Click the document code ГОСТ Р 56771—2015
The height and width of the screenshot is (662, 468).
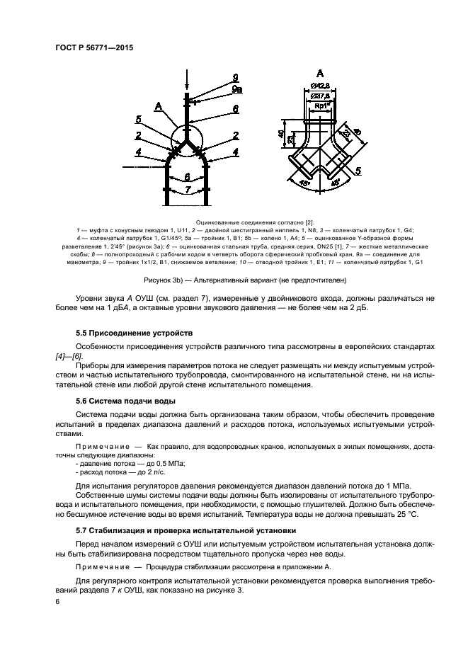pos(94,48)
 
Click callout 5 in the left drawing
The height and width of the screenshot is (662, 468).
pos(138,119)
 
